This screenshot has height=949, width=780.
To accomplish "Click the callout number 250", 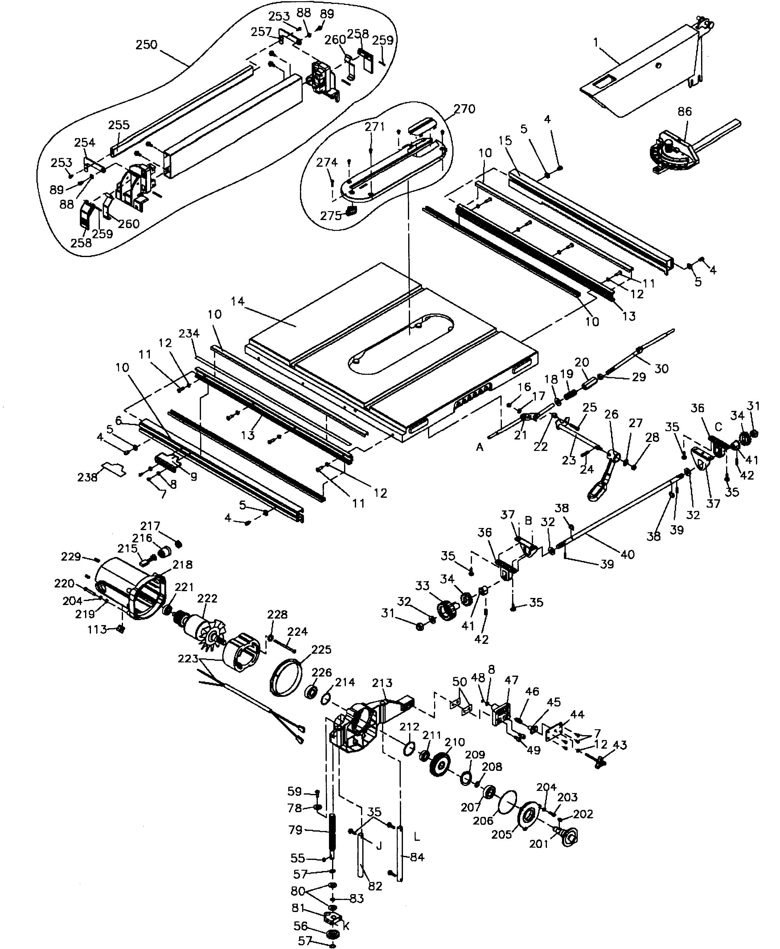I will point(146,45).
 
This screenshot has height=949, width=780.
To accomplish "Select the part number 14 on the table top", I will point(238,301).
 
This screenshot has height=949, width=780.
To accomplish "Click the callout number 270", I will point(464,109).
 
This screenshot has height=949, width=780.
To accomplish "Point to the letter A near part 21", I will point(480,447).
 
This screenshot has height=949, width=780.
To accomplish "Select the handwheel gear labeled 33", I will point(447,611).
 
